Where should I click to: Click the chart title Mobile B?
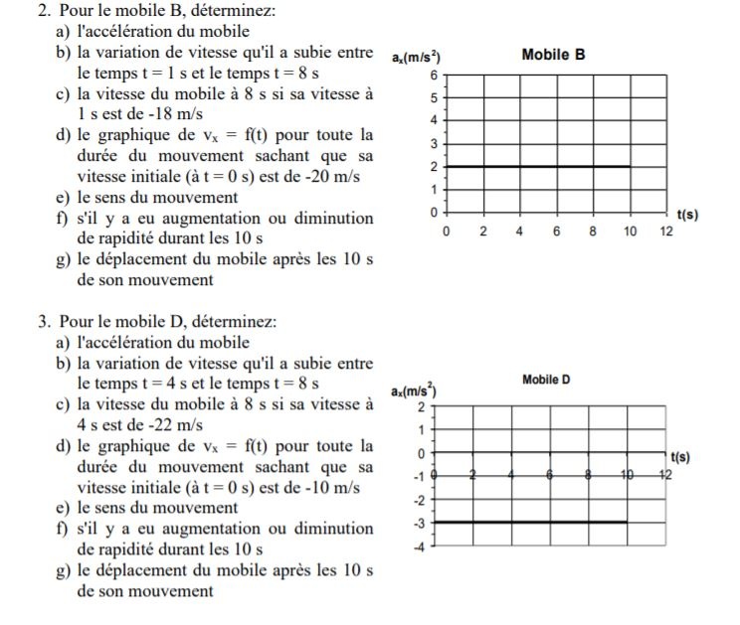coord(553,55)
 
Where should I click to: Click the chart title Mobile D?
coord(546,380)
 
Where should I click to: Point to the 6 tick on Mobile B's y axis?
coord(433,76)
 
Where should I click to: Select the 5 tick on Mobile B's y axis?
coord(433,98)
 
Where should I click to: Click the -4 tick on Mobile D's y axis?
coord(421,546)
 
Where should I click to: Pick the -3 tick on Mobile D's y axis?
coord(421,522)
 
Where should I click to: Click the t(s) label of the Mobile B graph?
coord(685,213)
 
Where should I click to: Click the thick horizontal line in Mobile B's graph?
coord(537,166)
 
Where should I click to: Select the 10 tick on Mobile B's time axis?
coord(630,231)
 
